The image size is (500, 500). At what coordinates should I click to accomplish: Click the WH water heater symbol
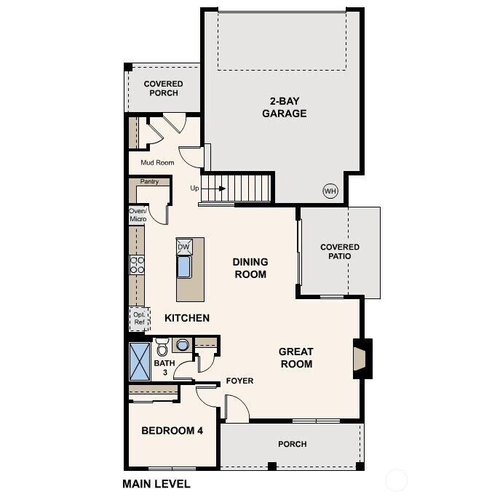tap(330, 191)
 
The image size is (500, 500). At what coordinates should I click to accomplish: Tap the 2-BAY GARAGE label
tap(283, 107)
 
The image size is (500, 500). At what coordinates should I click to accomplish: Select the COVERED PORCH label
tap(163, 88)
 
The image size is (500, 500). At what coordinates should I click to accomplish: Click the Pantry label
tap(149, 182)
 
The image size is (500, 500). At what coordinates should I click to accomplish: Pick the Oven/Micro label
tap(138, 215)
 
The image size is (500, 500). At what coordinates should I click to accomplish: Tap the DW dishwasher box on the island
tap(183, 247)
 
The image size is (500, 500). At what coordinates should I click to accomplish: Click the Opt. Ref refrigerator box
tap(138, 318)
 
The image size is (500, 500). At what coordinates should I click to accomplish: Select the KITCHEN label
tap(187, 318)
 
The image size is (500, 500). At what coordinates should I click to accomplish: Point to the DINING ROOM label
tap(250, 268)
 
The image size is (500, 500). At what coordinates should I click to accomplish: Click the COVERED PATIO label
tap(340, 252)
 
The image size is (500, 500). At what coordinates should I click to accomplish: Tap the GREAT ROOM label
tap(295, 358)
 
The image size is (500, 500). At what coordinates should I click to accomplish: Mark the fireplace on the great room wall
tap(361, 358)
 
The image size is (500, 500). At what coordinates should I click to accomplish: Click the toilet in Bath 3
tap(162, 345)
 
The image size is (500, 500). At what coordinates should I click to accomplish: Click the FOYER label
tap(239, 381)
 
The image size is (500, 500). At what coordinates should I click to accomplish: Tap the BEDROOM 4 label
tap(172, 431)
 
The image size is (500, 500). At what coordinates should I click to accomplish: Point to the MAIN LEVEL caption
tap(156, 483)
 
